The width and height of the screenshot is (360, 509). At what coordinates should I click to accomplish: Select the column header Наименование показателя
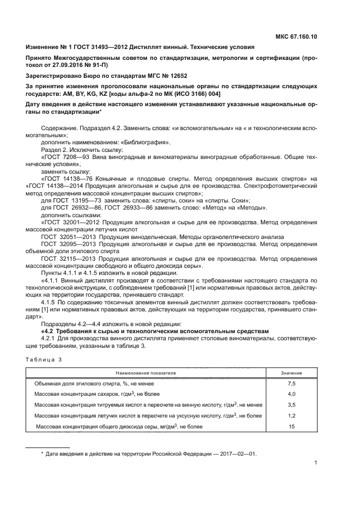(x=145, y=373)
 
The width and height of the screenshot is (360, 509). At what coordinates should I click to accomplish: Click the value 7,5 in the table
(x=291, y=384)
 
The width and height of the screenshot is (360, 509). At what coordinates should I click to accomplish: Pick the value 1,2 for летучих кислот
(x=291, y=416)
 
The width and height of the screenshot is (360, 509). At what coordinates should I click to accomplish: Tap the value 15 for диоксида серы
(x=291, y=427)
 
